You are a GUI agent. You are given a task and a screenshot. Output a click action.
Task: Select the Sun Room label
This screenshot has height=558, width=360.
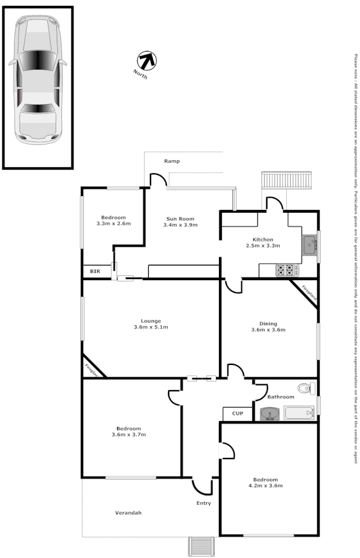(180, 218)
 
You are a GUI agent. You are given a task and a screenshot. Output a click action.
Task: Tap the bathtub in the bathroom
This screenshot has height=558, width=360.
(299, 413)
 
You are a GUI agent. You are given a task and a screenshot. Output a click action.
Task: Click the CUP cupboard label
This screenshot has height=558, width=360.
(237, 414)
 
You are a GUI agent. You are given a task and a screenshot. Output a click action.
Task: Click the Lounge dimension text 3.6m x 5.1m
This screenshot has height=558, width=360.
(150, 327)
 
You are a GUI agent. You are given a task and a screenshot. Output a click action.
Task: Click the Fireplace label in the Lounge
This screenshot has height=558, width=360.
(91, 369)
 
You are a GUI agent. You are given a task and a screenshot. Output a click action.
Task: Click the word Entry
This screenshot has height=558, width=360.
(204, 503)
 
